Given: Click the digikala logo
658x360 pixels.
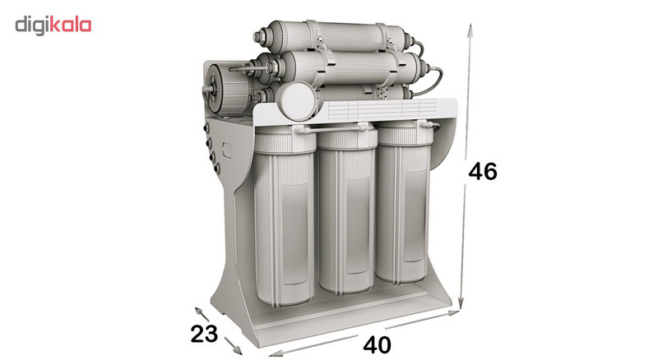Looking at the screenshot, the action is tap(53, 25).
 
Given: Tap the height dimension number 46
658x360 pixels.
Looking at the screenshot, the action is tap(483, 171).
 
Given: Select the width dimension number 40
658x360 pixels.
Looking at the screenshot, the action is tap(377, 345).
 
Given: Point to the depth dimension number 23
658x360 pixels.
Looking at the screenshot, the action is tap(204, 334).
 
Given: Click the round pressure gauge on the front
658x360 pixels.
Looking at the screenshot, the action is tap(298, 100).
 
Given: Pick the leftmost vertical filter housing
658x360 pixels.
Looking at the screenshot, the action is tap(284, 215).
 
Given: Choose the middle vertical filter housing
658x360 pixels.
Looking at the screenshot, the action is tap(347, 209).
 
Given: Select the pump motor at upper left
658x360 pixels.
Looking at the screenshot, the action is tap(229, 89).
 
